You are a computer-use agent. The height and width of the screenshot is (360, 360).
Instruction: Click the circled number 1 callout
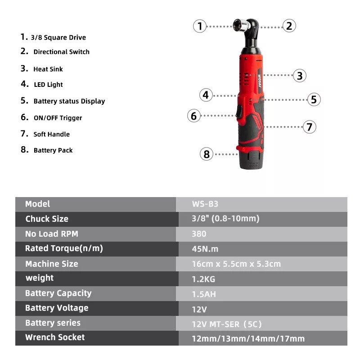point(200,26)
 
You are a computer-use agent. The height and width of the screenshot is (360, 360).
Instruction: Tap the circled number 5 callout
point(314,99)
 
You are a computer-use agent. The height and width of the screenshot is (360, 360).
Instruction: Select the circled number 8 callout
point(207,154)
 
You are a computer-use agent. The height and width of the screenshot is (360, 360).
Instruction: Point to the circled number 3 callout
point(300,76)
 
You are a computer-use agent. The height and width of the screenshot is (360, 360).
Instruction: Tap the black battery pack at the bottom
point(251,160)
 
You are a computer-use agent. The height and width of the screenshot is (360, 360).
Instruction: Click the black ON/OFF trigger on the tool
point(239,112)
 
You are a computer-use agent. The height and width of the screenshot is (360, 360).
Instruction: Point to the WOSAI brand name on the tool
point(260,81)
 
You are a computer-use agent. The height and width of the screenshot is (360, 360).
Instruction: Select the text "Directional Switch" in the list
point(61,52)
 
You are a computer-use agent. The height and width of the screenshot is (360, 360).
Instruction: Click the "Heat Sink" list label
point(48,69)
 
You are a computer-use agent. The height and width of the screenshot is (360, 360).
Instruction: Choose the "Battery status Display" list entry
point(69,101)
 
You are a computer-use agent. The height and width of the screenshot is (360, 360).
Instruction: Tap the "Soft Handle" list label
point(51,134)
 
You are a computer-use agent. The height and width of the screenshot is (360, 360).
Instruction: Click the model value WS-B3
point(205,204)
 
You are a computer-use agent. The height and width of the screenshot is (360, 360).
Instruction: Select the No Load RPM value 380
point(199,234)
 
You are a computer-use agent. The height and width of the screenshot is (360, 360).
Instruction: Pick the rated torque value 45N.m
point(205,249)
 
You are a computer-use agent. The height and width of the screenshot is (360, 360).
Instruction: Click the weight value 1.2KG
point(203,279)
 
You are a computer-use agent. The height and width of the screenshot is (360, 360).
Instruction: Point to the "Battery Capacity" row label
point(58,293)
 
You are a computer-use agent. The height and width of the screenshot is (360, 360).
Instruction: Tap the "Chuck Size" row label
point(47,219)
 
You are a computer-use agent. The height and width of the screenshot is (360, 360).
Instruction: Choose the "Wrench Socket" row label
point(55,337)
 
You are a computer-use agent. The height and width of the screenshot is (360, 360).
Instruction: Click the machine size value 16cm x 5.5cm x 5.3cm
point(236,264)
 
